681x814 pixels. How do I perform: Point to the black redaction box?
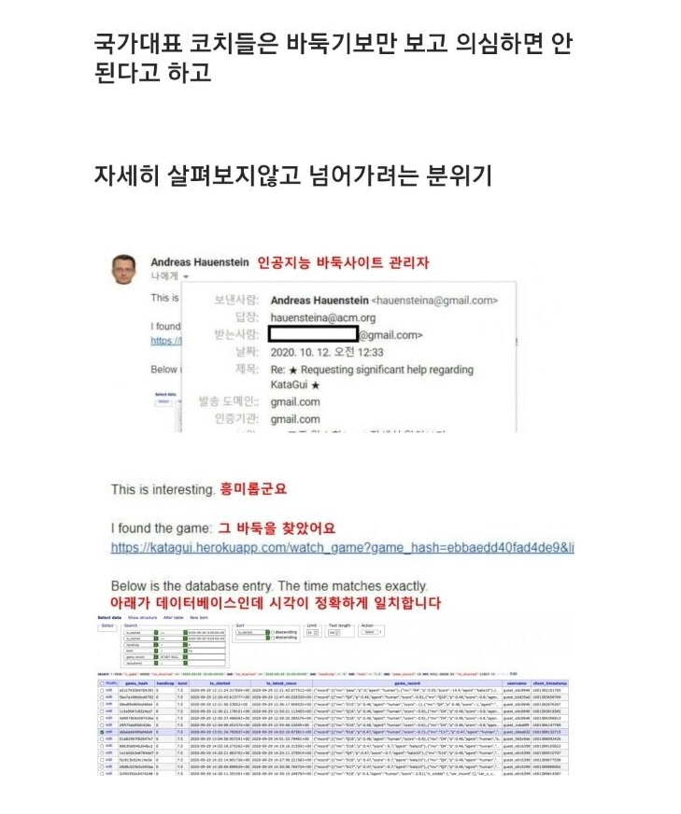[x=313, y=334]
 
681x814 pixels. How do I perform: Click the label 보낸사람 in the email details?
[x=234, y=301]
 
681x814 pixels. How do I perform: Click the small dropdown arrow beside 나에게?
[x=186, y=277]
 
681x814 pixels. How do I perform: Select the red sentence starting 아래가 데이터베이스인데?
[x=276, y=603]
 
